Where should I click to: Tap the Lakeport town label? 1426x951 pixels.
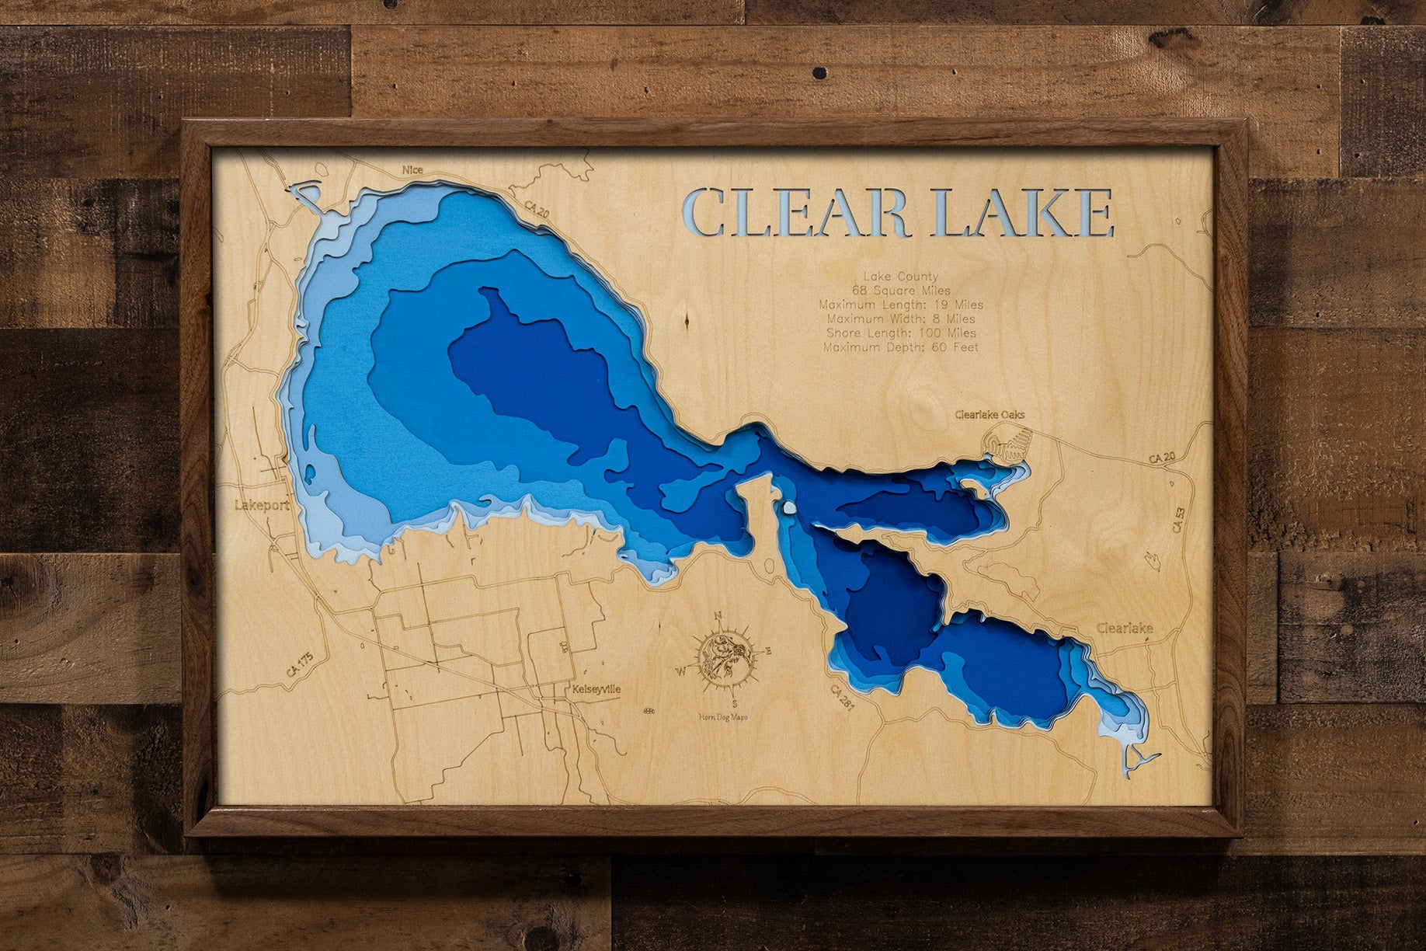[x=262, y=505]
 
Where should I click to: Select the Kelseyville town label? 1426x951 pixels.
[x=596, y=689]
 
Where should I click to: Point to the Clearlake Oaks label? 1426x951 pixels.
[x=990, y=415]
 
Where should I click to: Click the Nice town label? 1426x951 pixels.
[x=412, y=169]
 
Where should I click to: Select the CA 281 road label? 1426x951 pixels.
[x=841, y=698]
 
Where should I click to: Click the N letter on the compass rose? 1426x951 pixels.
[x=718, y=616]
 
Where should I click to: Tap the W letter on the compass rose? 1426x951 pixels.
[x=680, y=671]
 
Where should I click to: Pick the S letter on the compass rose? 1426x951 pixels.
[x=735, y=705]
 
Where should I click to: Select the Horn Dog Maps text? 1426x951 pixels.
[x=722, y=717]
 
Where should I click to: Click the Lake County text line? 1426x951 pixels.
[x=900, y=276]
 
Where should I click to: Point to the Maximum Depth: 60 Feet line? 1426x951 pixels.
[x=900, y=347]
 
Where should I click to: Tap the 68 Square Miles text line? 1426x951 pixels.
[x=900, y=291]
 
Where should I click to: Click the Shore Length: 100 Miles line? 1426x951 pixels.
[x=900, y=333]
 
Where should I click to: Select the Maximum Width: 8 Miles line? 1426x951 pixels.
[x=900, y=319]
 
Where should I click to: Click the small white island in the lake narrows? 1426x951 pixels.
[x=788, y=508]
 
